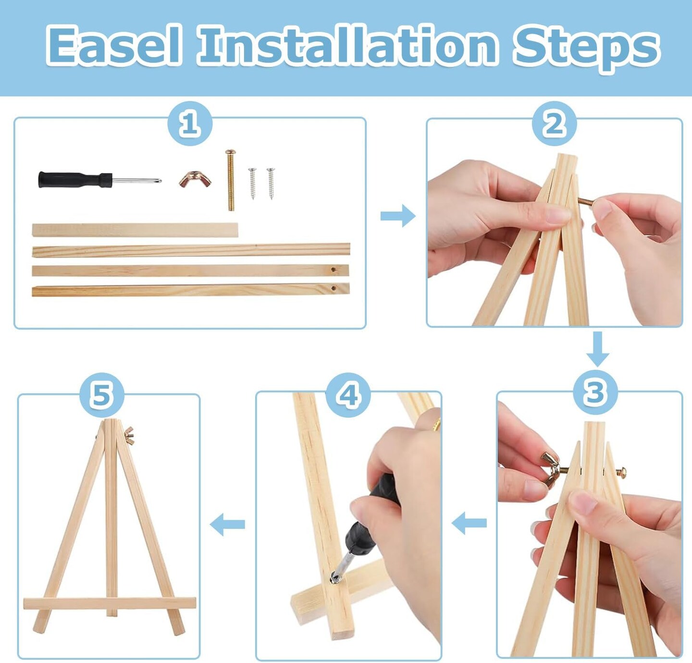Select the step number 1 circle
tap(190, 123)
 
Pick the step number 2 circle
tap(554, 123)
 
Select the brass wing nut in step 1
tap(195, 178)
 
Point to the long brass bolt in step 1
tap(231, 180)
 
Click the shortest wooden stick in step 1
tap(135, 230)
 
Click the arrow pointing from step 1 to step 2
tap(398, 215)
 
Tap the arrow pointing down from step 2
tap(598, 349)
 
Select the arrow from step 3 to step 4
tap(469, 523)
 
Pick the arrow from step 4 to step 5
tap(227, 524)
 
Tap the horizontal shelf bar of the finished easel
tap(110, 603)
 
